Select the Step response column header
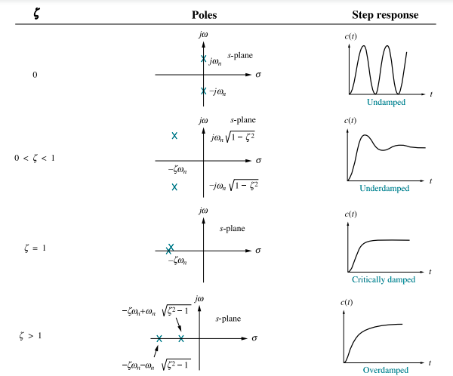385,15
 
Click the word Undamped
386,102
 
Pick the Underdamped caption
385,188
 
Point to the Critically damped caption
384,279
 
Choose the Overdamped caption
385,370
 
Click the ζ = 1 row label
35,248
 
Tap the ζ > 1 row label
35,334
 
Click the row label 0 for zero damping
35,75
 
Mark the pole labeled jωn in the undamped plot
203,58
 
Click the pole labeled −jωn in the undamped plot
203,91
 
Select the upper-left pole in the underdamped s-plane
174,136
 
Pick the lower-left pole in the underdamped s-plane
174,186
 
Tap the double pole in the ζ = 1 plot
170,248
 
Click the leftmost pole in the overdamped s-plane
159,338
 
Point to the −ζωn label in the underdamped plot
178,171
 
